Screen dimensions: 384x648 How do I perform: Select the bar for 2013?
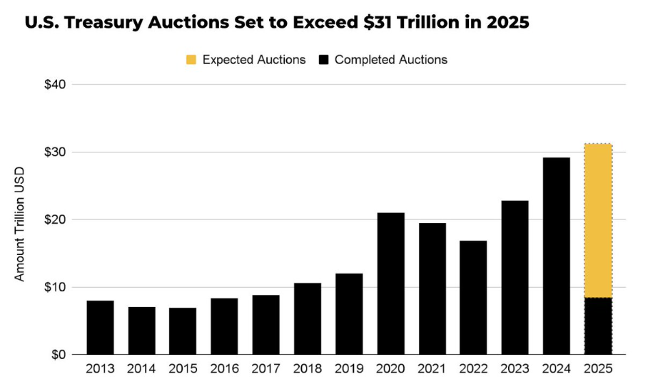(x=100, y=327)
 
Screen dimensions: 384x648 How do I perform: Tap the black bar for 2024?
(x=556, y=256)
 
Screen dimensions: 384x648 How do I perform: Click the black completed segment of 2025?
(x=597, y=326)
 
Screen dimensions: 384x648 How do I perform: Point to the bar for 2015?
(x=183, y=331)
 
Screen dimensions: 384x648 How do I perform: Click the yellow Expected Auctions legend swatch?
(x=191, y=60)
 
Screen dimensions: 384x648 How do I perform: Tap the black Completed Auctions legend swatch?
(x=323, y=60)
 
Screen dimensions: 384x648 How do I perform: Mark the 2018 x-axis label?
(x=308, y=370)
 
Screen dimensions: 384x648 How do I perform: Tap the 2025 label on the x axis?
(x=597, y=370)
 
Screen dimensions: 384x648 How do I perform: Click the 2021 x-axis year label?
(x=432, y=370)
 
